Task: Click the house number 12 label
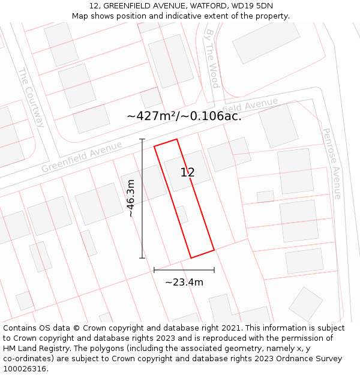187,173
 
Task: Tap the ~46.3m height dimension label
131,198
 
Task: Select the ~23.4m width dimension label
184,282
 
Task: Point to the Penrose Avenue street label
332,163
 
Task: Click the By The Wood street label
212,58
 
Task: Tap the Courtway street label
31,97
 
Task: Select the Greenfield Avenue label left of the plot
82,157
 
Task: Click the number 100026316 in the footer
24,369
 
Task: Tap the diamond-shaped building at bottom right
305,304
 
